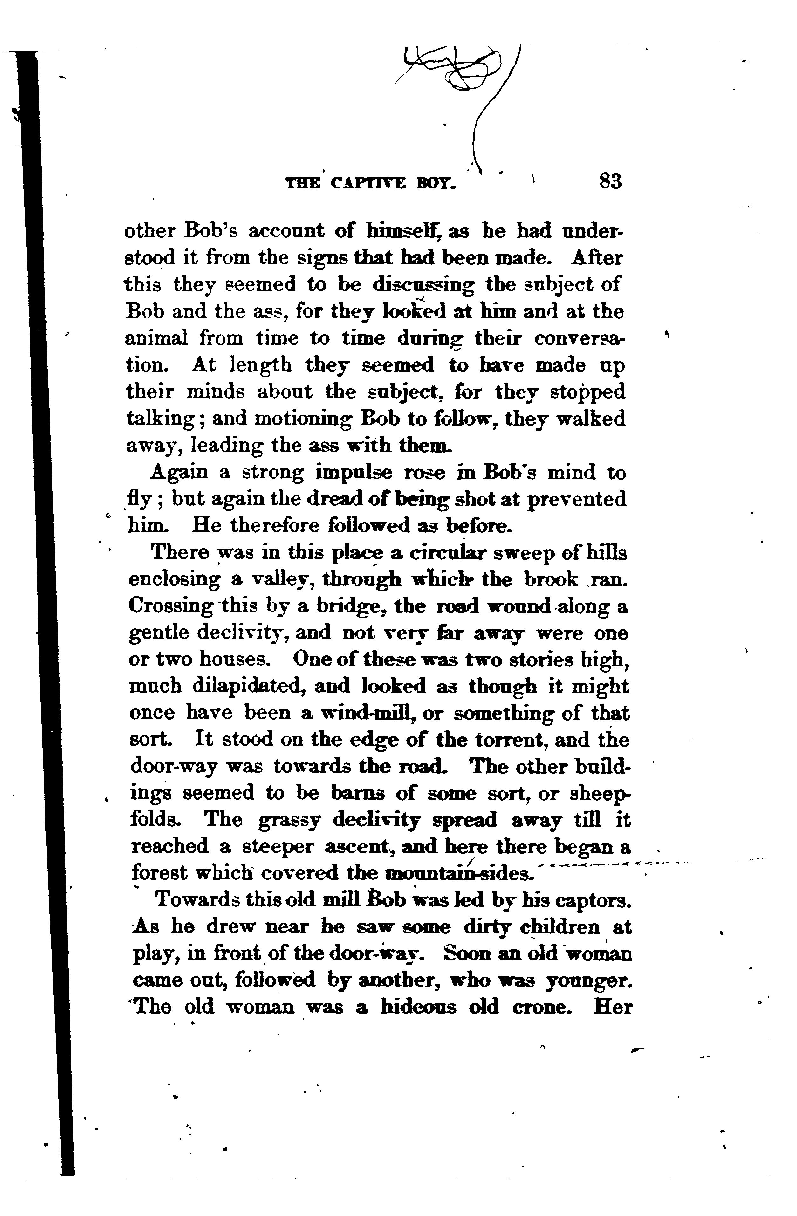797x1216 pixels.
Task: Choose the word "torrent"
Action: [511, 740]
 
